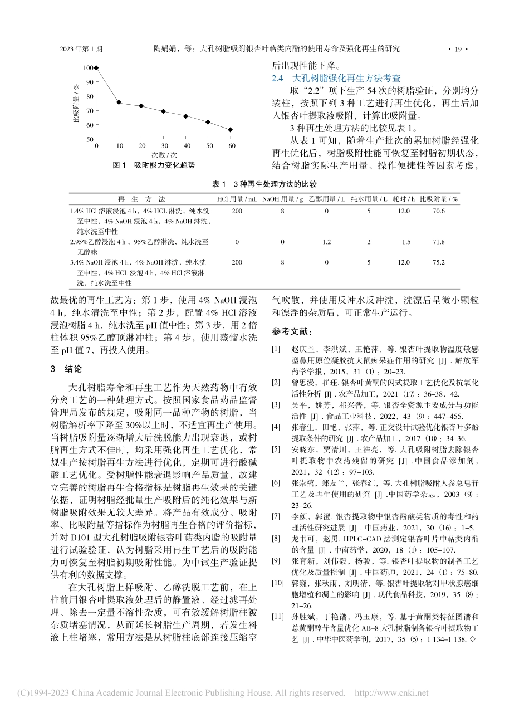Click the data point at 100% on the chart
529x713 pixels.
coord(96,68)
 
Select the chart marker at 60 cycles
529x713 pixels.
coord(231,130)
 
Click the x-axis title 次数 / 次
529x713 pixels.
coord(163,154)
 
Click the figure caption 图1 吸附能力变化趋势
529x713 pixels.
coord(154,165)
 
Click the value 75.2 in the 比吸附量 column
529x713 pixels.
coord(439,262)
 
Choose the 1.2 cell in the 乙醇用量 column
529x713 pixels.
coord(326,242)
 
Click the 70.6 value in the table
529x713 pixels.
coord(439,211)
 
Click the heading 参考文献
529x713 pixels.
coord(290,331)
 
